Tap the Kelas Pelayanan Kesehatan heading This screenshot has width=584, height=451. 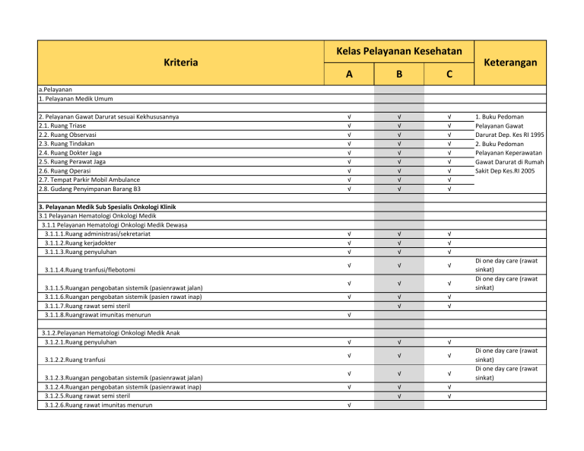point(398,51)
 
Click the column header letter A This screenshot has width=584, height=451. point(348,75)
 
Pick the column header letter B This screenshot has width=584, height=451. point(398,75)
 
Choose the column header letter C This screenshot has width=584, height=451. point(449,75)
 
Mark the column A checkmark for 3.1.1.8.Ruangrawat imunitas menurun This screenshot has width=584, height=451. point(348,315)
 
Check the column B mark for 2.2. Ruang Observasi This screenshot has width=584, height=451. point(398,135)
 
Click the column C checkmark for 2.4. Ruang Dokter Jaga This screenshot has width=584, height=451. point(449,153)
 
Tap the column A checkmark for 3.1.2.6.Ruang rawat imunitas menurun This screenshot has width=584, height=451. point(348,405)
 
